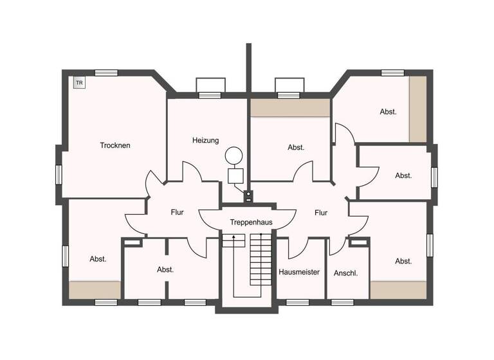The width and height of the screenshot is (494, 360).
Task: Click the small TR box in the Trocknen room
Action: click(x=79, y=83)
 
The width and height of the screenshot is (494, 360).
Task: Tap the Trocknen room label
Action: click(x=115, y=145)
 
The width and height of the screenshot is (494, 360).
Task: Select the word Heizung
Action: click(x=205, y=140)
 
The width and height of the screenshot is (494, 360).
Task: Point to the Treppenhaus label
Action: click(x=251, y=222)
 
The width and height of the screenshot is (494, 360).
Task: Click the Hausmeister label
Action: click(x=299, y=272)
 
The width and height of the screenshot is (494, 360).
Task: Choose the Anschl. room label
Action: click(x=345, y=273)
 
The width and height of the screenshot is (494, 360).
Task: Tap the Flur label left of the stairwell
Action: click(x=178, y=212)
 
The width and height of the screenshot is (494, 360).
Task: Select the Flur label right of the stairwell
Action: click(x=321, y=212)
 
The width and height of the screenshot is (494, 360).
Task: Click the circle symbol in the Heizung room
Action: click(x=233, y=156)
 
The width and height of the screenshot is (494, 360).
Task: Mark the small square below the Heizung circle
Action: click(x=235, y=175)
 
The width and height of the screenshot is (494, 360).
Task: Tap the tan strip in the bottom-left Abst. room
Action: click(x=95, y=290)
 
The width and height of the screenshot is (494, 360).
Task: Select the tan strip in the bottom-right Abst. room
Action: click(x=398, y=290)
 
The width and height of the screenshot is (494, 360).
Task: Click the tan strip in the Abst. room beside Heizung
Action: click(x=289, y=108)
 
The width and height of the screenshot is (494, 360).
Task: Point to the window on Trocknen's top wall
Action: click(x=106, y=73)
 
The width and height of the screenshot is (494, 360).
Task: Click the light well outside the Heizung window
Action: click(x=210, y=85)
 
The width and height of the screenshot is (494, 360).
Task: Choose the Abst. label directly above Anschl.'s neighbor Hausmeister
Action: click(x=296, y=147)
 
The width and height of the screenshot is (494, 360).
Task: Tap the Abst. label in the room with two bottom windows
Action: click(x=165, y=270)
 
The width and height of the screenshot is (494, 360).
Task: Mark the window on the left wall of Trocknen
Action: click(x=59, y=174)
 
